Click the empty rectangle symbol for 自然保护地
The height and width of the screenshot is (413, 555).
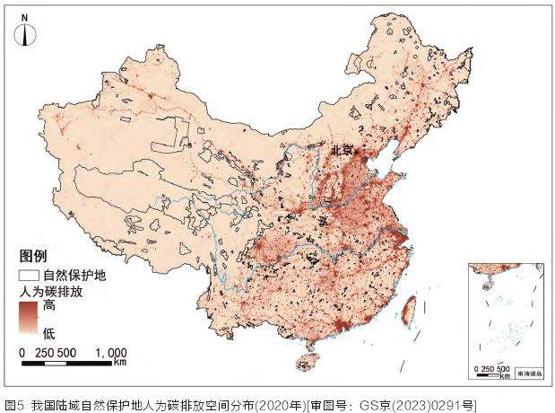[x=30, y=277]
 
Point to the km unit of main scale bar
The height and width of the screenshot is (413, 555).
[x=120, y=365]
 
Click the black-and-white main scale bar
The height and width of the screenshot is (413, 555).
[x=67, y=364]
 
